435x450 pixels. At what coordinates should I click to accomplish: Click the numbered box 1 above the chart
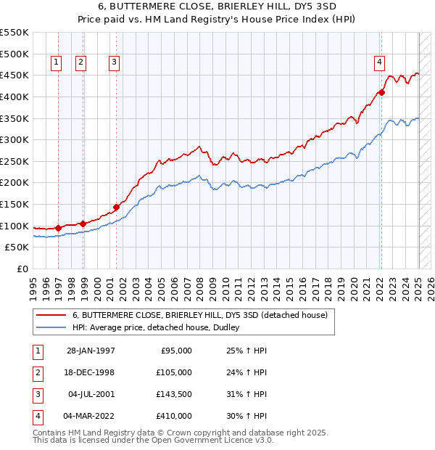point(57,62)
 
